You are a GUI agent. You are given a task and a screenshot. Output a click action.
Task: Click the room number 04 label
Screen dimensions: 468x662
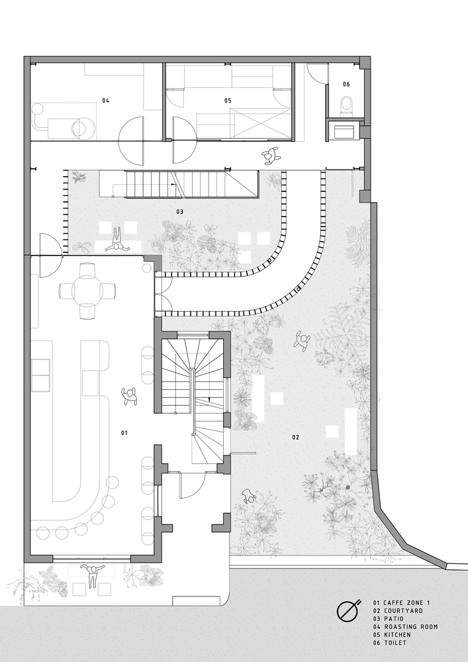105,101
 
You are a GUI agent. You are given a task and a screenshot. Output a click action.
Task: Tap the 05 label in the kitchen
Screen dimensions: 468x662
228,101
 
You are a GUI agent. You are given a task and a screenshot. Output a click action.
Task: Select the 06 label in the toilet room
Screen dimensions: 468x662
346,85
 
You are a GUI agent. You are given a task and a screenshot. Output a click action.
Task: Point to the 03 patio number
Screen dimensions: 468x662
180,212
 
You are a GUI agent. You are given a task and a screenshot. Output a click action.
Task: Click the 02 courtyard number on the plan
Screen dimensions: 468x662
295,438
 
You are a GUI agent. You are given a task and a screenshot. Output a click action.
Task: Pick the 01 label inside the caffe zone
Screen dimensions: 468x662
124,433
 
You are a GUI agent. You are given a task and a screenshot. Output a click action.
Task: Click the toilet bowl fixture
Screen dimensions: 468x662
346,105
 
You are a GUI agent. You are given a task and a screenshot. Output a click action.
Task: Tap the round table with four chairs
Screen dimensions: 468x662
88,291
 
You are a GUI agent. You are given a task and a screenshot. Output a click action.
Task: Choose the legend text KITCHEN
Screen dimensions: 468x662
397,635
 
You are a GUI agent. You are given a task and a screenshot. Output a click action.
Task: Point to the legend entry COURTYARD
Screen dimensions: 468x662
403,611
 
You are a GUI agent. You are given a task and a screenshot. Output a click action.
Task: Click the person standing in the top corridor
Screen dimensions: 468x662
271,156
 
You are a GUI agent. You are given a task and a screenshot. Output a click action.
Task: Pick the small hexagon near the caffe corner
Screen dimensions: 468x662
147,269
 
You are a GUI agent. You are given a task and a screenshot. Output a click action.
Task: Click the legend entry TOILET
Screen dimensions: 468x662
395,643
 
